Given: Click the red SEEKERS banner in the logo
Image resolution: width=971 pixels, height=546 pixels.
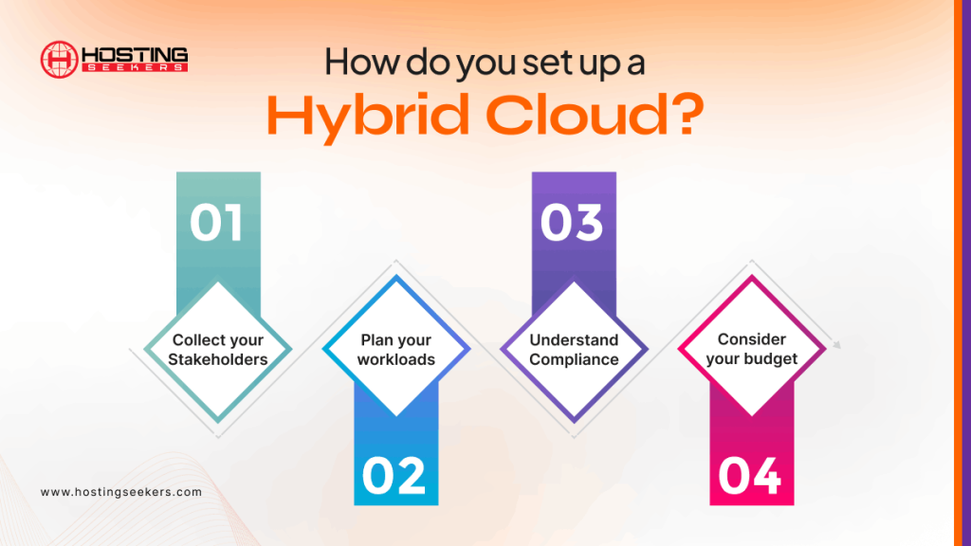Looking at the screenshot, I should pos(133,67).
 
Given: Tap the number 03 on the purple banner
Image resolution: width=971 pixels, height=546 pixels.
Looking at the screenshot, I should pos(572,222).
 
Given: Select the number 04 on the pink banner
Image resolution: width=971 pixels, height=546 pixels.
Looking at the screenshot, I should pos(750,476).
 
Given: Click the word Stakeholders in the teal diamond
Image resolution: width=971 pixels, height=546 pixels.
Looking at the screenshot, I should pos(217,359).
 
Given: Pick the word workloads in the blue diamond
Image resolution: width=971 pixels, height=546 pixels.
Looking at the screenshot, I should pos(395,359).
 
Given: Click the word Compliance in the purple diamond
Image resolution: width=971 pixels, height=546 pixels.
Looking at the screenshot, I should pos(574,359).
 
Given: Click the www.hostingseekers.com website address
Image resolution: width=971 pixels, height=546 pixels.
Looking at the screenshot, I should pos(121,492).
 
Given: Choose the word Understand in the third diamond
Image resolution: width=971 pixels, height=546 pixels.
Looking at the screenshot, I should pos(574,340).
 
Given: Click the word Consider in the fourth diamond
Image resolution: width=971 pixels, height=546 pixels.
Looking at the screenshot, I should pos(751,339).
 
